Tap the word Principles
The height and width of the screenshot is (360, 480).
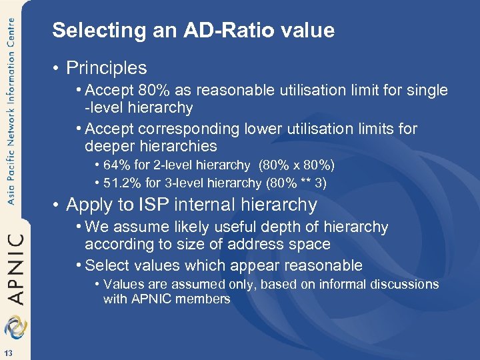click(107, 68)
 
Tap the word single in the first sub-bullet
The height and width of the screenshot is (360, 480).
click(427, 90)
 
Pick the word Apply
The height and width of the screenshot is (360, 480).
click(88, 205)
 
